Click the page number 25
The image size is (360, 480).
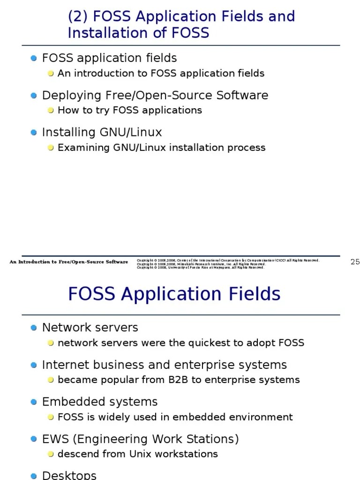click(355, 262)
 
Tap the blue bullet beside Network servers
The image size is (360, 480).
click(34, 328)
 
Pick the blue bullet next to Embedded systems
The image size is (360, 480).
click(34, 402)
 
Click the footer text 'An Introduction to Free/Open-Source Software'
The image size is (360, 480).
click(68, 262)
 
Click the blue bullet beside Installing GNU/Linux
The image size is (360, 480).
click(34, 133)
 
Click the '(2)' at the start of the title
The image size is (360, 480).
click(78, 16)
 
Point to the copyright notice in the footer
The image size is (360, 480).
click(228, 264)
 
